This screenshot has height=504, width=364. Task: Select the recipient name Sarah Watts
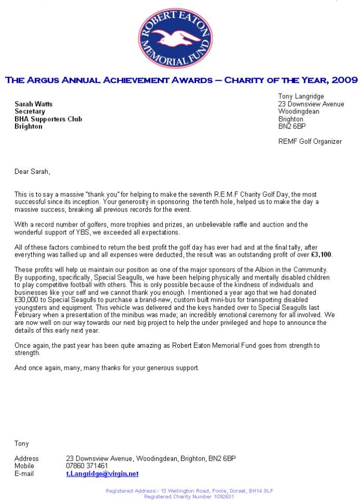pos(33,104)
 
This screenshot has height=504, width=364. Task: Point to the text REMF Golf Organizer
pos(310,142)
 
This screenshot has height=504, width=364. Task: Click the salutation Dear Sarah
pos(32,171)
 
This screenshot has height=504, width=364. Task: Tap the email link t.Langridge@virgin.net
pos(102,474)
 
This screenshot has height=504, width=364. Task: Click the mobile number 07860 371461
pos(87,466)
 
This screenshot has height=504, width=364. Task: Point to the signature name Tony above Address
pos(22,444)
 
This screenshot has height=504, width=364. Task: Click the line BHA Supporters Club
pos(48,119)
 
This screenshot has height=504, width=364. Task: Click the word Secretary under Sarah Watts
pos(30,111)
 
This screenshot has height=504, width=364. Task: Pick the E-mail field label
pos(24,474)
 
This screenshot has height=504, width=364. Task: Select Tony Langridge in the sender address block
pos(301,96)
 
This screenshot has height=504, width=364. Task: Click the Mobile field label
pos(24,466)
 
